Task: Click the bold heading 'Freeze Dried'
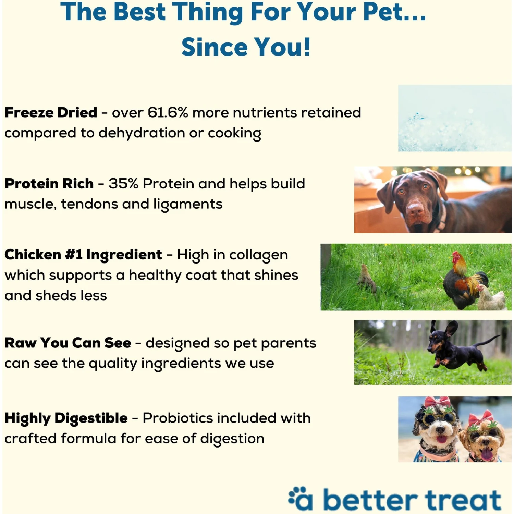coord(51,113)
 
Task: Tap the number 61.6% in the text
coord(168,113)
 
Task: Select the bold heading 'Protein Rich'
coord(49,184)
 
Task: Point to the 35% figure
coord(123,184)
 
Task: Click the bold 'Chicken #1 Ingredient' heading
coord(83,255)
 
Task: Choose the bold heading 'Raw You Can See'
coord(68,343)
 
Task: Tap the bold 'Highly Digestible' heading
coord(66,418)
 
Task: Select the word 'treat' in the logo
coord(463,500)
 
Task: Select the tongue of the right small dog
coord(486,454)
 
